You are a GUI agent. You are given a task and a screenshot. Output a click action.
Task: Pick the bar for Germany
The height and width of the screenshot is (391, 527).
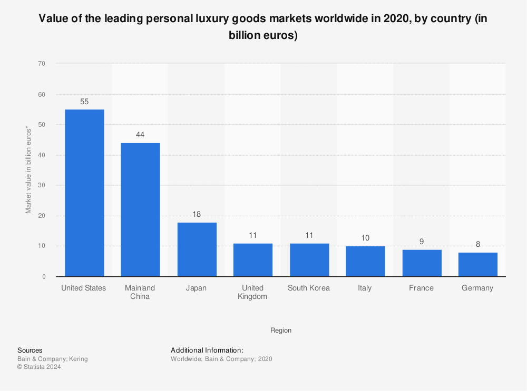tap(477, 264)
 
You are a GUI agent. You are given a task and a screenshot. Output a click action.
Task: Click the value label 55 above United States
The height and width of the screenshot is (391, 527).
tap(84, 102)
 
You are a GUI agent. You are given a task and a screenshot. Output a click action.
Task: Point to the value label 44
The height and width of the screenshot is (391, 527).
tap(140, 135)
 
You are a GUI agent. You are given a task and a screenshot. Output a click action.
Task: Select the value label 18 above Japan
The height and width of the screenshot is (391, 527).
tap(197, 214)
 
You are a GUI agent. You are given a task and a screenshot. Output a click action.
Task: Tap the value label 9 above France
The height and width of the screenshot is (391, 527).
tap(422, 242)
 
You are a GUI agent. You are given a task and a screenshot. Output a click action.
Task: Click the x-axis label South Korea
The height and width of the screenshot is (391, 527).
tap(309, 288)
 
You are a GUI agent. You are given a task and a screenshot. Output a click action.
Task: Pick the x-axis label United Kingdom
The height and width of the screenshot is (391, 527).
tap(253, 292)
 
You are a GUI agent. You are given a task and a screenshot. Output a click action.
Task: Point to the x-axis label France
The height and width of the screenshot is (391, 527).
tap(422, 288)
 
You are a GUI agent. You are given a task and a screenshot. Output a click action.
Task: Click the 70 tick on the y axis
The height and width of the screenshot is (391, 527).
tap(42, 64)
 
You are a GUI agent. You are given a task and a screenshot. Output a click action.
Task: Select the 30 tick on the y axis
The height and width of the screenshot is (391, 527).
tap(42, 185)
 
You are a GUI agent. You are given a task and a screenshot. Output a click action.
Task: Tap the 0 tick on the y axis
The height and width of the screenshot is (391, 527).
tap(44, 277)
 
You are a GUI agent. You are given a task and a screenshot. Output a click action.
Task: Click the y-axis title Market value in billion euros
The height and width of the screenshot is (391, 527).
tap(28, 169)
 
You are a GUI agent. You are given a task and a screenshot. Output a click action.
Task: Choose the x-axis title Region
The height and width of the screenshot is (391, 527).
tap(281, 330)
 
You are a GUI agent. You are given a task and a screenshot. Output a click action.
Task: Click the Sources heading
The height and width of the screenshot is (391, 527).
tap(30, 350)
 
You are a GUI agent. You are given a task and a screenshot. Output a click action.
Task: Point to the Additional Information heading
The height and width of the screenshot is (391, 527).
tap(207, 350)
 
